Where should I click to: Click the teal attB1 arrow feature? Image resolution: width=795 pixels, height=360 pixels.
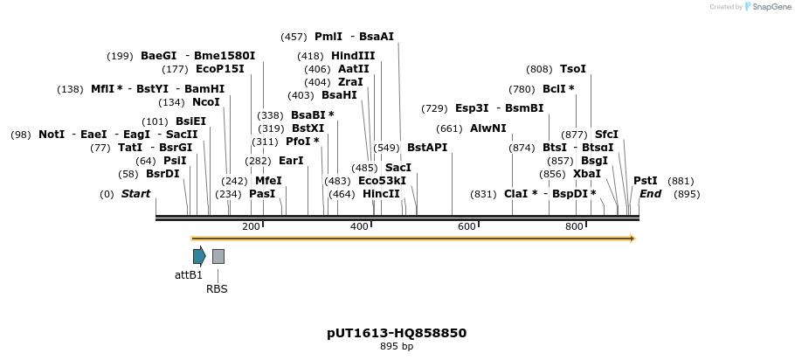[199, 256]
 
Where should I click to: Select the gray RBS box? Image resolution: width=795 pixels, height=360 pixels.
[218, 256]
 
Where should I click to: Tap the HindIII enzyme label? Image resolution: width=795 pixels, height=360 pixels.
[353, 56]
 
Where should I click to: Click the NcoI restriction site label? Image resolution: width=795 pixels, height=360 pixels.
[206, 102]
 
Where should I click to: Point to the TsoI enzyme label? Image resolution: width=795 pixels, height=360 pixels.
[573, 69]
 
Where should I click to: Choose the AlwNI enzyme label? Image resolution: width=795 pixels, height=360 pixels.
[487, 128]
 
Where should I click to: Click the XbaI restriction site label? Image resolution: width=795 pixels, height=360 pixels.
[587, 174]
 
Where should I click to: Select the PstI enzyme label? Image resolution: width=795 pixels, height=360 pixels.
[646, 181]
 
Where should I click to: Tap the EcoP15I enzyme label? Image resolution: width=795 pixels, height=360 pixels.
[220, 69]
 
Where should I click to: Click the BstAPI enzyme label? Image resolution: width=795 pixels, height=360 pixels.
[427, 148]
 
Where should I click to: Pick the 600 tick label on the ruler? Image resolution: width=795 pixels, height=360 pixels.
[467, 227]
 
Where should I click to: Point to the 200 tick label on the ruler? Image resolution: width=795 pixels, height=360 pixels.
[251, 227]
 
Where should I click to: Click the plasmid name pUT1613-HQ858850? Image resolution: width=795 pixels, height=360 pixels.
[397, 333]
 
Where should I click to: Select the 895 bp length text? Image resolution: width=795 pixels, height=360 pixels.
[397, 347]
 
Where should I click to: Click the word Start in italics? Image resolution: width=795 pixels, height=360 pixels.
[135, 194]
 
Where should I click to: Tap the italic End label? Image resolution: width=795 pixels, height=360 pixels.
[650, 194]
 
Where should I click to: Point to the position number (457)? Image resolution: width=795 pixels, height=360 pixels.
[294, 37]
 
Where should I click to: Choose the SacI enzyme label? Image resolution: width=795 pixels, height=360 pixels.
[398, 168]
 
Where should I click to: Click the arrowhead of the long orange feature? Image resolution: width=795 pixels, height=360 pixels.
[632, 239]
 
